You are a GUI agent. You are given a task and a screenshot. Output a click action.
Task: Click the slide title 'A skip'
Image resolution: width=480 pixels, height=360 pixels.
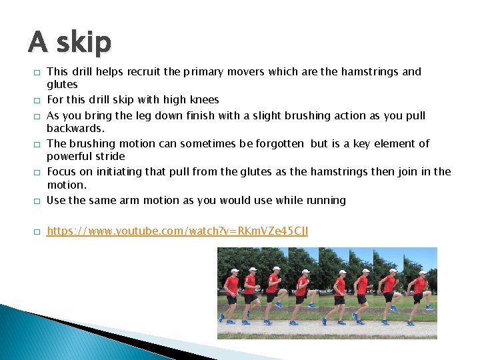(69, 42)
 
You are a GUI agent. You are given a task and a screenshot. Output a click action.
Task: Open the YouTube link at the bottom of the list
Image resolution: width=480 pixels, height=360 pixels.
(177, 231)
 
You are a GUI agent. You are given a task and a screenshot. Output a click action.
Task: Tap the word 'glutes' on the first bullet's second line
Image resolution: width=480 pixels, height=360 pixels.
(62, 84)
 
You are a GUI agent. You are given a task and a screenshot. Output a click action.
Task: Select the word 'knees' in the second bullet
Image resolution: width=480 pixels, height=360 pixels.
(205, 100)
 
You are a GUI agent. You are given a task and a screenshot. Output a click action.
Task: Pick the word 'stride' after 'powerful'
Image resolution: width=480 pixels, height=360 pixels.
(111, 156)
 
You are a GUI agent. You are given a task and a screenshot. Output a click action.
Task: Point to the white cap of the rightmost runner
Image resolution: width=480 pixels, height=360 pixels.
(421, 273)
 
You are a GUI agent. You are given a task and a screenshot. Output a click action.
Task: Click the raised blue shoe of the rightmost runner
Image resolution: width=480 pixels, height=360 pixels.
(429, 307)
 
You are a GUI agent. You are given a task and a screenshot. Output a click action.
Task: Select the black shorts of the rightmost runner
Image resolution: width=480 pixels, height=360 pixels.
(419, 297)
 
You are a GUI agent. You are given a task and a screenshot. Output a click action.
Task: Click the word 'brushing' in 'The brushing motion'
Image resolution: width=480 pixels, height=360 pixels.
(93, 143)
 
